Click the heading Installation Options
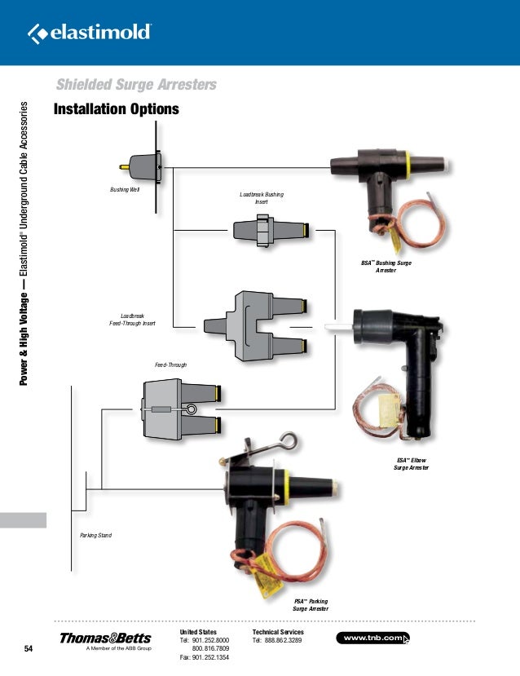pos(116,109)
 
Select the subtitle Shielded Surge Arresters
pos(135,86)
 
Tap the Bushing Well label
pos(125,189)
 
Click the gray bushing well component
pos(145,166)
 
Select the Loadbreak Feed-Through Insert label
pos(132,319)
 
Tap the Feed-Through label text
pos(170,364)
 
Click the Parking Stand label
pos(95,535)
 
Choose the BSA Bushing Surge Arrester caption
pos(386,266)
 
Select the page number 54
pos(29,649)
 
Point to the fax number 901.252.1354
pos(204,657)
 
